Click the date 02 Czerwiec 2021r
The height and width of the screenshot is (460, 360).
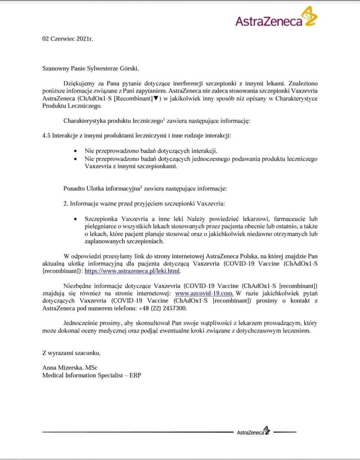(x=67, y=39)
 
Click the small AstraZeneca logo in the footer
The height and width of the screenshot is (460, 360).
(x=253, y=432)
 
